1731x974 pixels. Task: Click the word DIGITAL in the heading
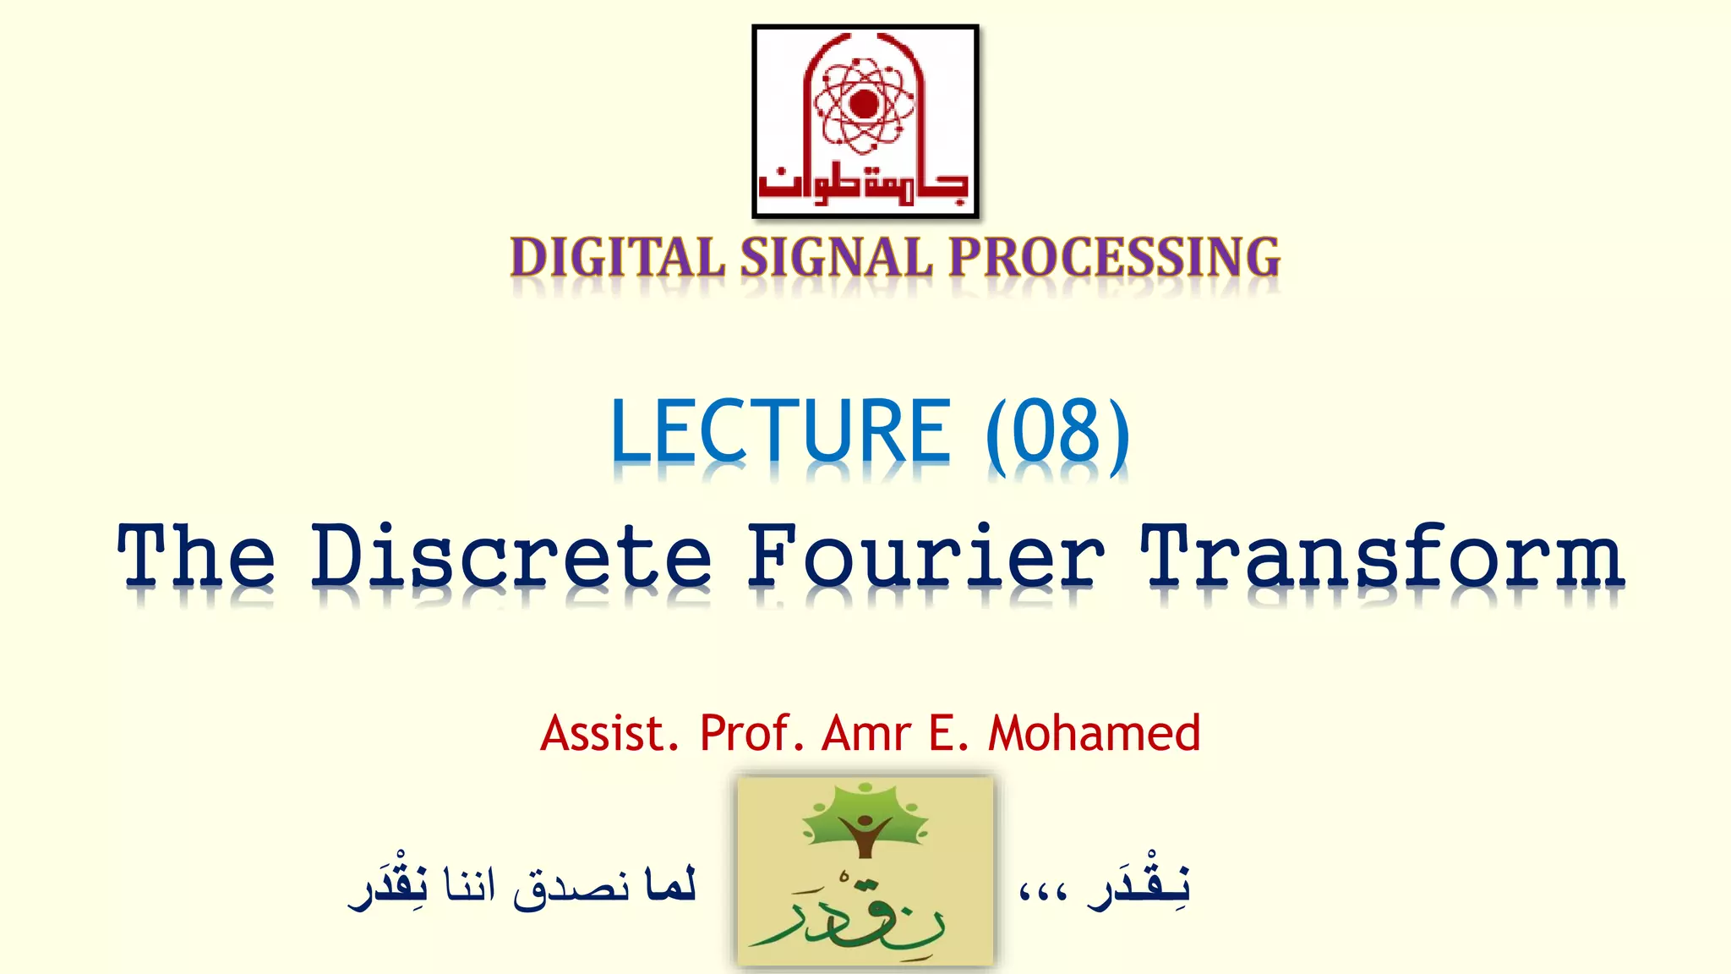pyautogui.click(x=617, y=258)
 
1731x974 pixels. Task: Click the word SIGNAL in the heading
pyautogui.click(x=836, y=258)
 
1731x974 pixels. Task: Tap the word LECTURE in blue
pyautogui.click(x=780, y=432)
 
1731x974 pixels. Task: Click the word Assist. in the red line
pyautogui.click(x=609, y=733)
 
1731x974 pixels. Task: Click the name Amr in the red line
pyautogui.click(x=866, y=733)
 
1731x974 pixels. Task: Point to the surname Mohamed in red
pyautogui.click(x=1094, y=733)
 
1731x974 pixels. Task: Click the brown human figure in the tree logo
pyautogui.click(x=864, y=833)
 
